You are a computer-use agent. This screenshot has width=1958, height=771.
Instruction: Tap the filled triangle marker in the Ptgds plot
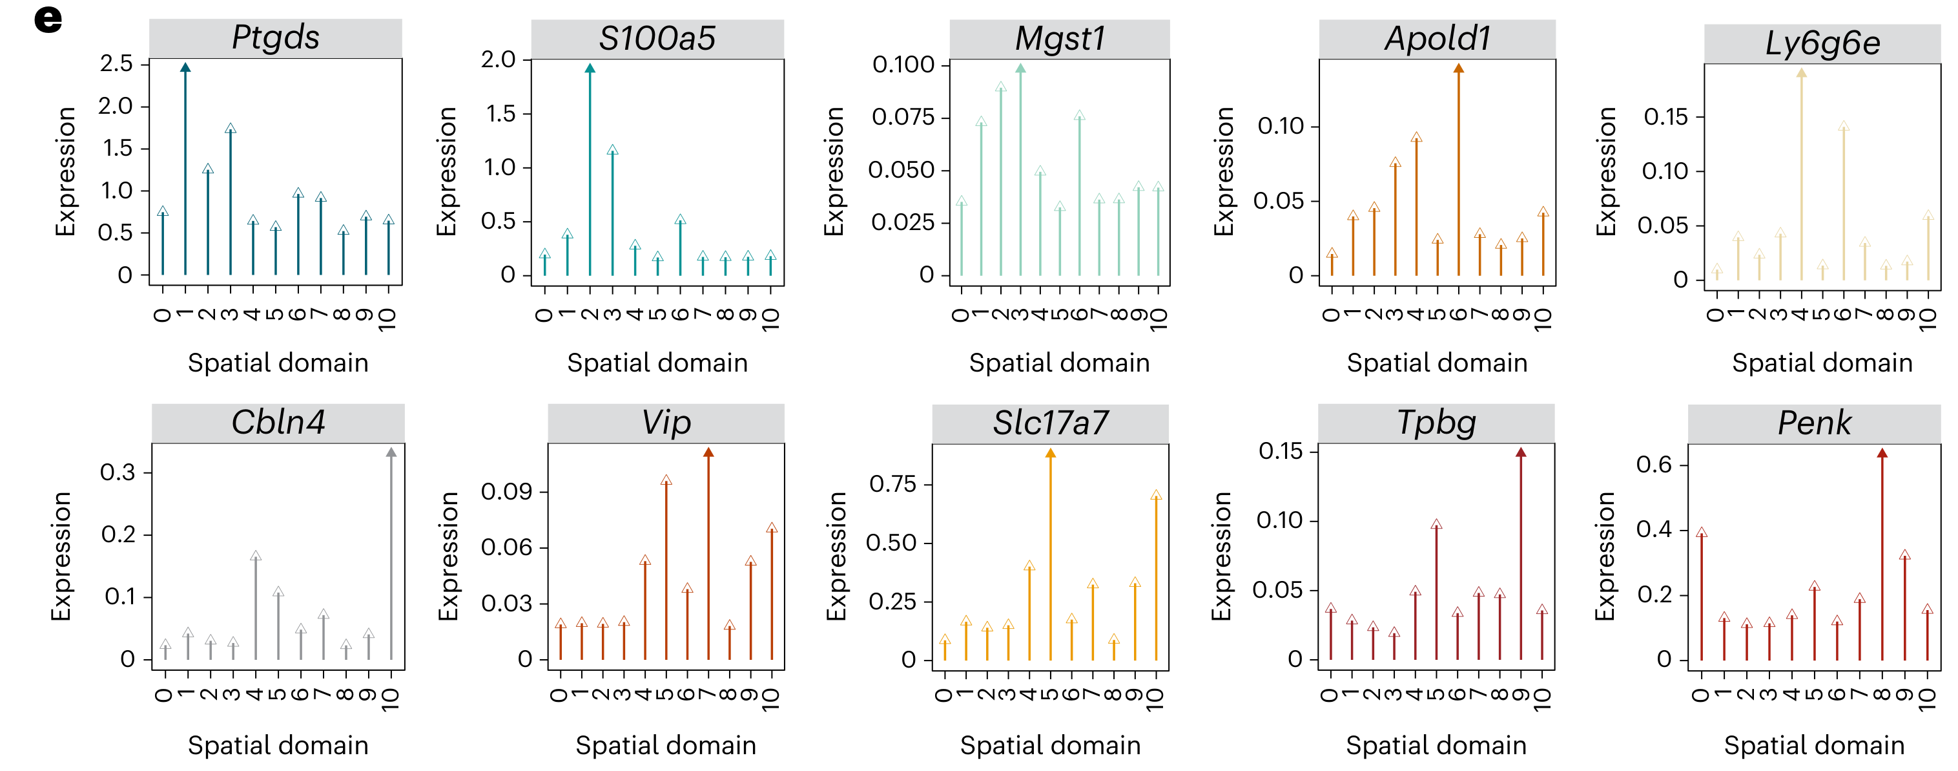[185, 68]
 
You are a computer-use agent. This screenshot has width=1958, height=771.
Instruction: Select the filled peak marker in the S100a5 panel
[590, 69]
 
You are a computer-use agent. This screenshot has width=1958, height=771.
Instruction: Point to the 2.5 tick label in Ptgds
[116, 63]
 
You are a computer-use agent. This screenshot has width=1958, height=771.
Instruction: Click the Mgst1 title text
[1060, 39]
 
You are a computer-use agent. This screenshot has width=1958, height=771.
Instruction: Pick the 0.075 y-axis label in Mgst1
[903, 117]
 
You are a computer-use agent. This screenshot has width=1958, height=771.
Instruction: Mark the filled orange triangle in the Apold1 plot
[1459, 69]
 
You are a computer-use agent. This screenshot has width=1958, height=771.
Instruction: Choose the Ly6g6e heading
[1822, 43]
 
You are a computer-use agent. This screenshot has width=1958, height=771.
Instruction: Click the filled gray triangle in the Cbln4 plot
[391, 452]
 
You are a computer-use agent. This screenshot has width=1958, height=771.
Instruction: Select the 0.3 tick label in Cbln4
[118, 472]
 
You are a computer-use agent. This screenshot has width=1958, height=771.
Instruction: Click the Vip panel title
[666, 423]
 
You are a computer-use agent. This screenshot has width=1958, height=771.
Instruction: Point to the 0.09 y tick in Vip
[506, 491]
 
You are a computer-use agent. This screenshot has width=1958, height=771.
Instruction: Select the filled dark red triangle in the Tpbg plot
[1521, 452]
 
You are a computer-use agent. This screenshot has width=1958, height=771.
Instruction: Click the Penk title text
[1815, 423]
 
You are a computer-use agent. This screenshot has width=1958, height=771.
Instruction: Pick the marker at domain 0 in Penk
[1702, 533]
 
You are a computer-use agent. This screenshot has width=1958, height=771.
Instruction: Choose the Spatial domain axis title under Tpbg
[1436, 745]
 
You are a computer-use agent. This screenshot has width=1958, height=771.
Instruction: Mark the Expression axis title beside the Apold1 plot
[1223, 171]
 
